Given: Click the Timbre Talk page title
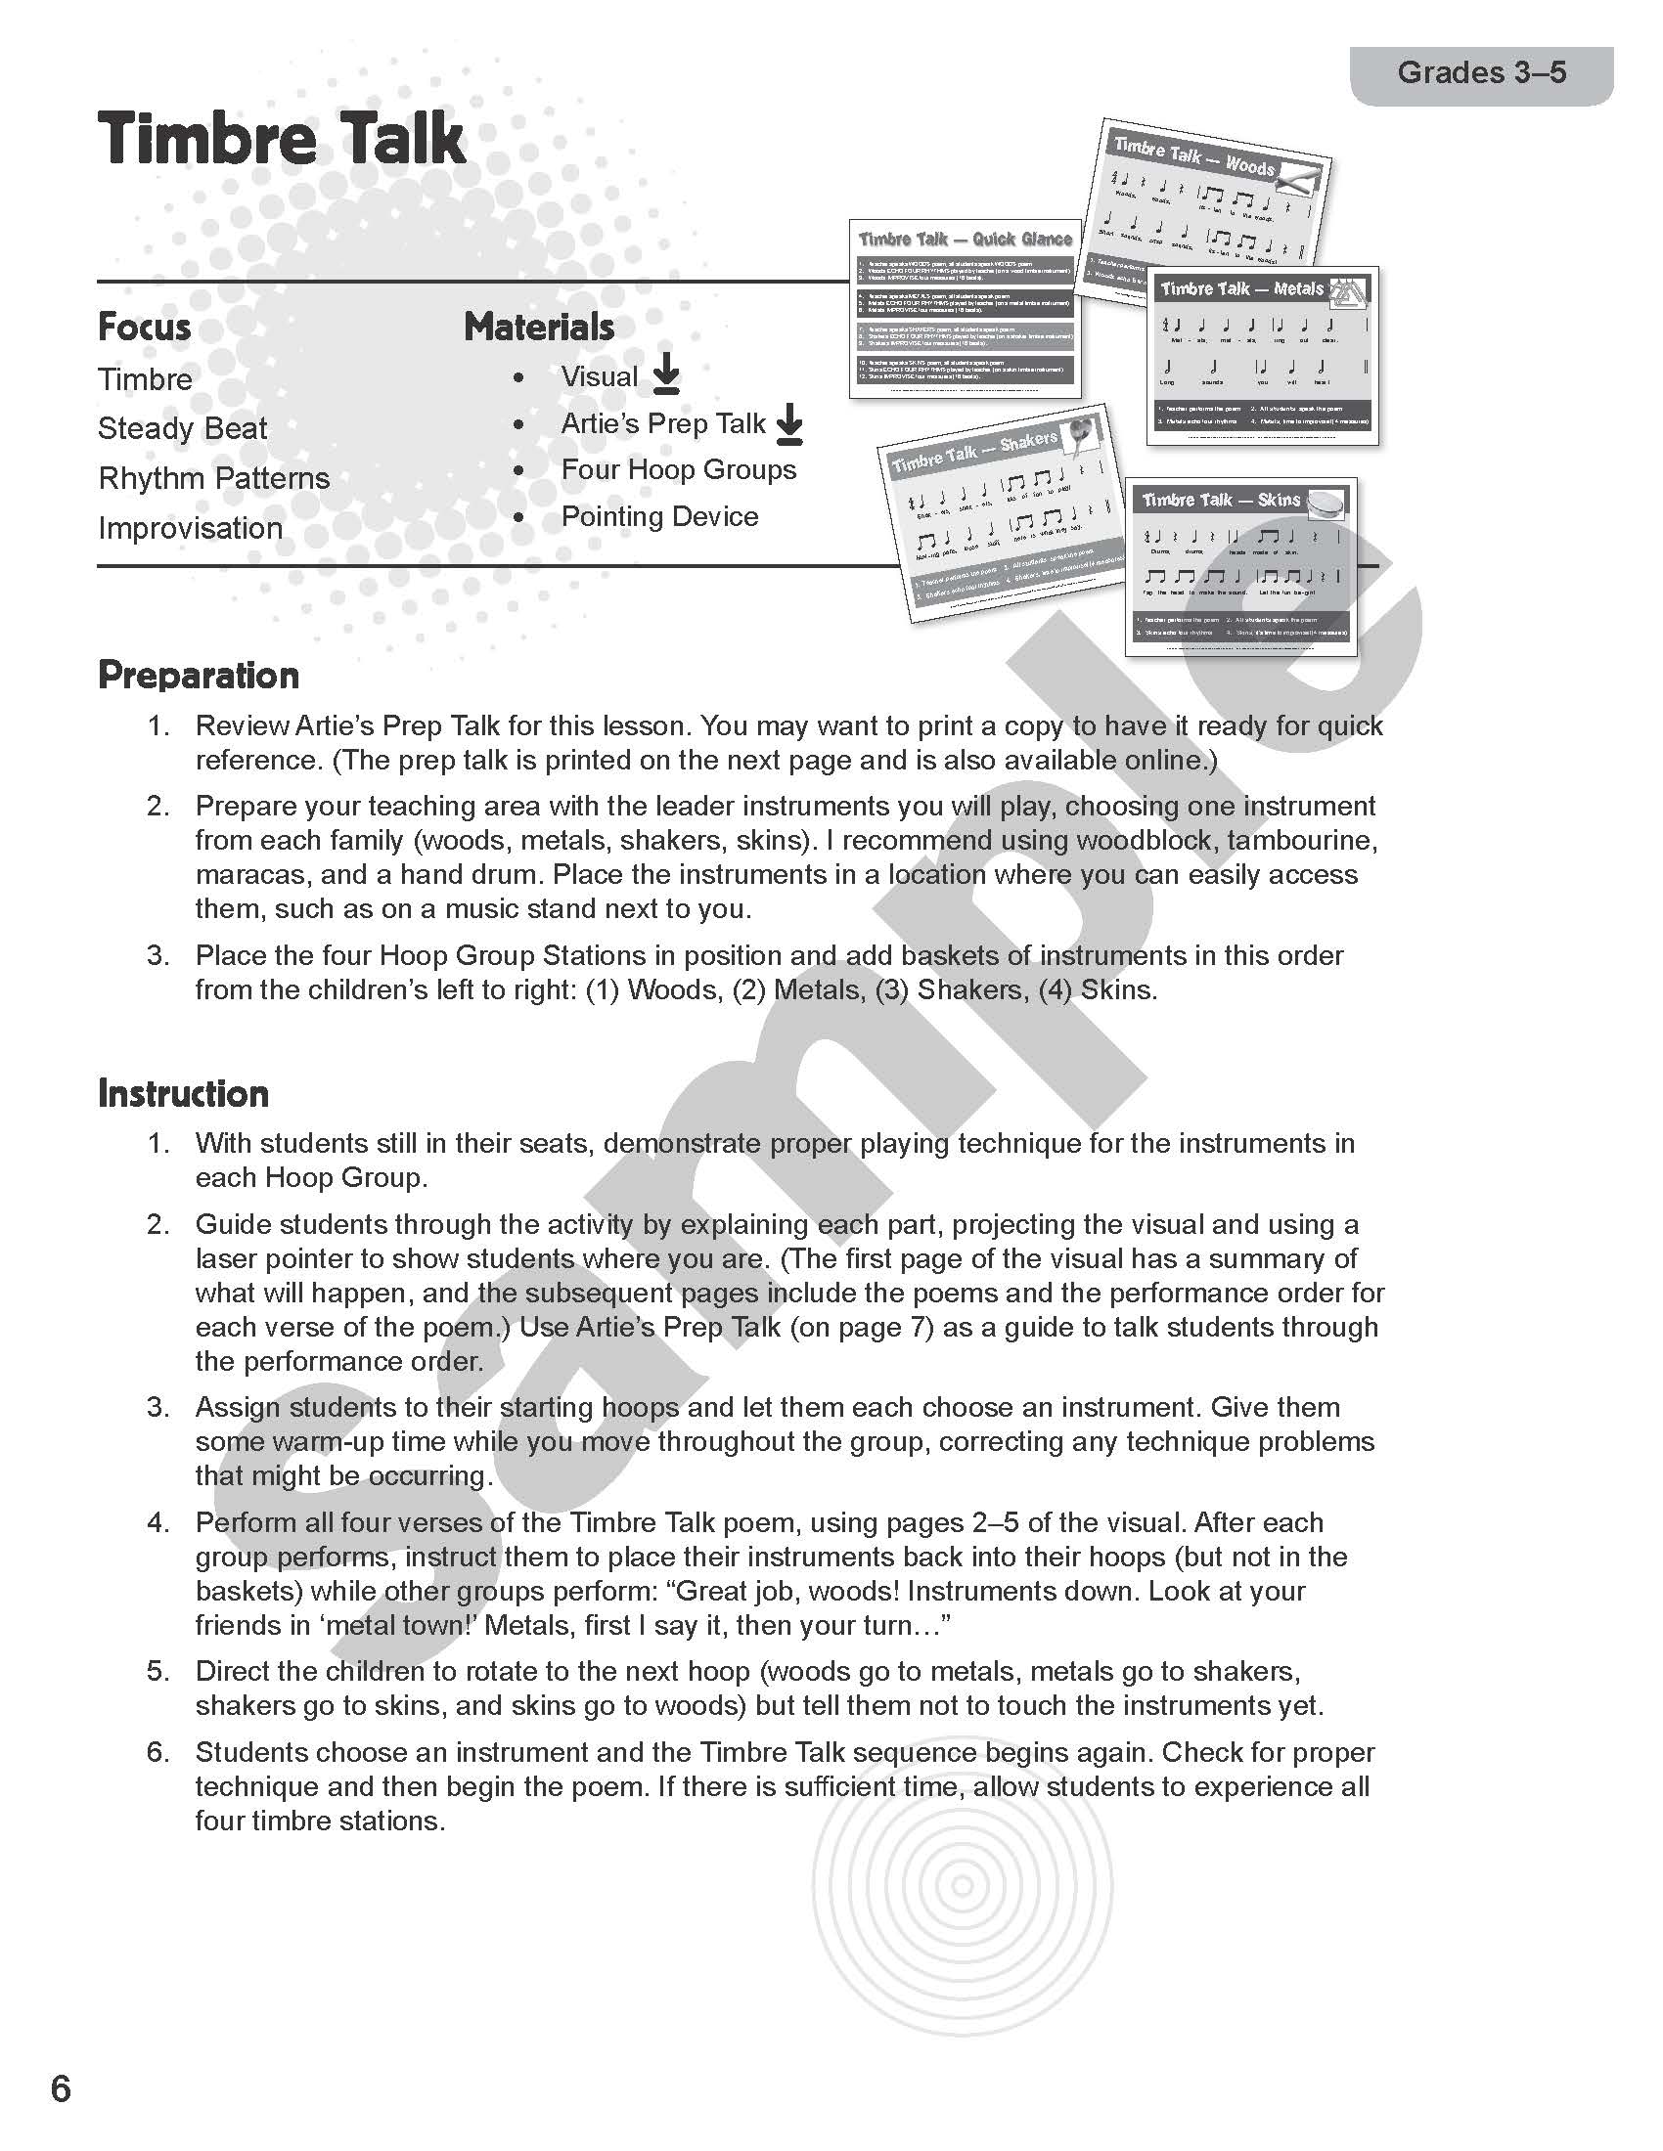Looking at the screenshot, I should tap(281, 139).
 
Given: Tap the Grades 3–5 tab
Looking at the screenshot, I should tap(1481, 73).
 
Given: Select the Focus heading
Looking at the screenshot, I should tap(144, 327).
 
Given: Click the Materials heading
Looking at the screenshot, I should tap(539, 327).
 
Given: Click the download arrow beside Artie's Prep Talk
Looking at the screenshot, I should tap(789, 423).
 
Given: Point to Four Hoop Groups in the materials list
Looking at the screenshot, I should tap(678, 469).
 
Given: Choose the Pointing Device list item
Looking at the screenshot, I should tap(659, 516).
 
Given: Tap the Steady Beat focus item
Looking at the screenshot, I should tap(182, 428).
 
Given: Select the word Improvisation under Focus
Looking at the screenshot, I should tap(190, 528).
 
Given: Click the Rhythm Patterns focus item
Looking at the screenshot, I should tap(214, 479).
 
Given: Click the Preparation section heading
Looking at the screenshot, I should tap(198, 676).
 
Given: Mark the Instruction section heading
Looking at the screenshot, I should tap(183, 1093).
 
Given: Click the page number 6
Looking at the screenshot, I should tap(60, 2085).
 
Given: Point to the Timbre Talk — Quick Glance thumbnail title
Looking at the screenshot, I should tap(965, 240).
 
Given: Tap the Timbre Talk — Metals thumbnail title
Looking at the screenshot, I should tap(1241, 288).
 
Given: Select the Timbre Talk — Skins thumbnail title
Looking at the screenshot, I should tap(1221, 501).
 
